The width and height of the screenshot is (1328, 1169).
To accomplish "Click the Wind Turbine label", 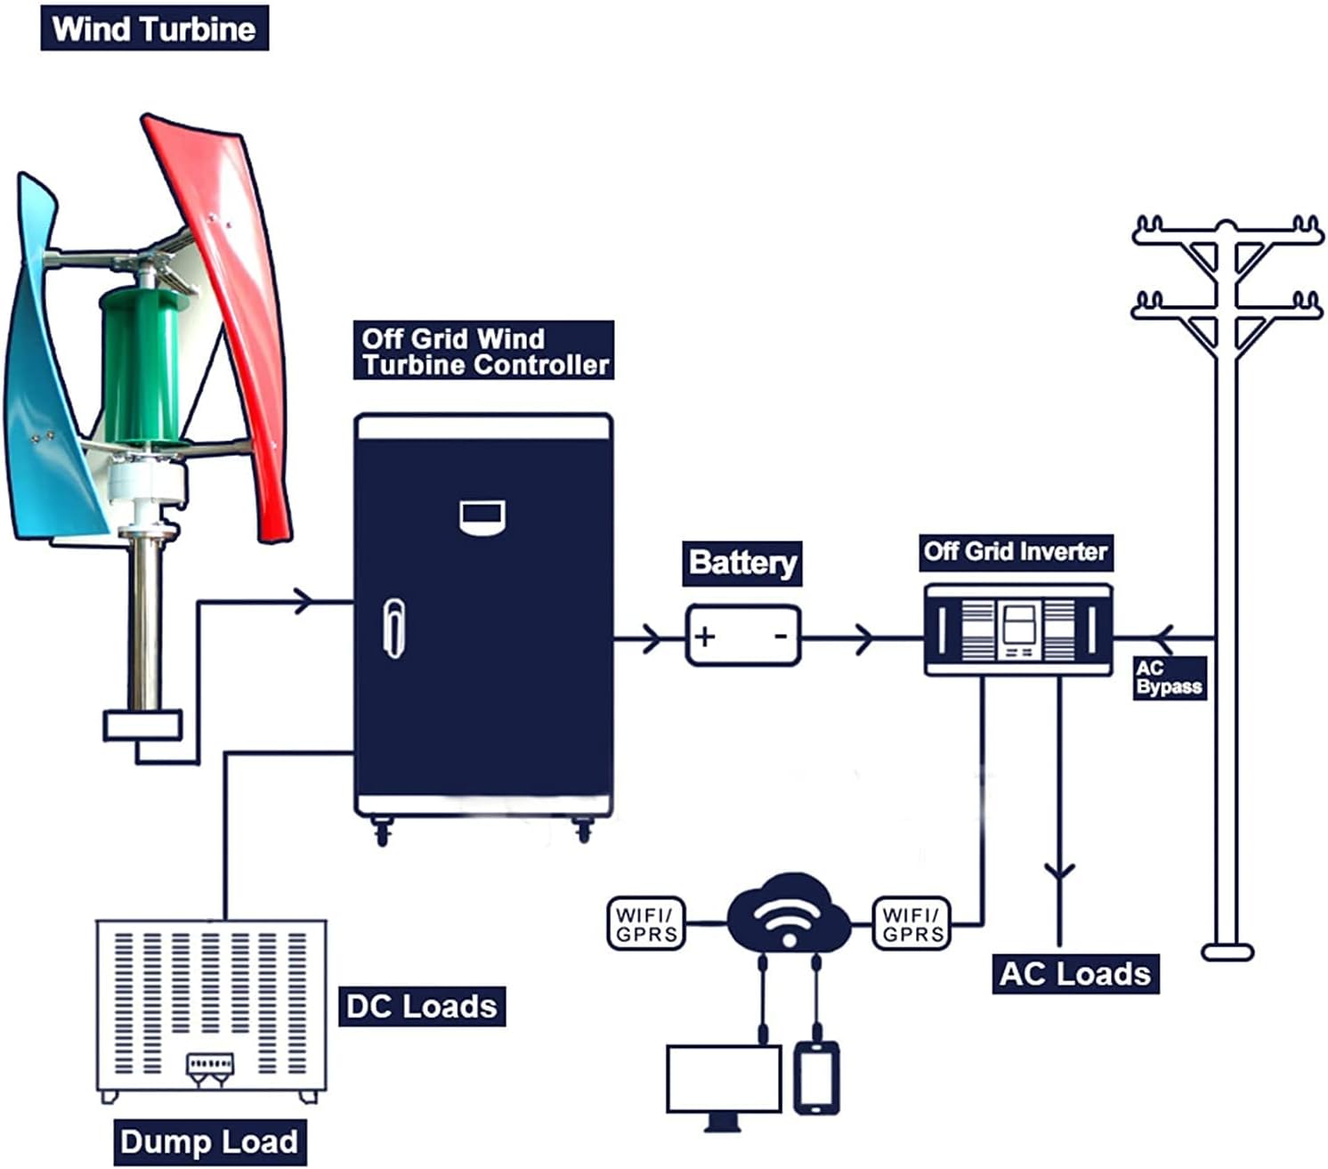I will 154,28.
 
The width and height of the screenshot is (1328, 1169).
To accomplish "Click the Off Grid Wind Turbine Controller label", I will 483,351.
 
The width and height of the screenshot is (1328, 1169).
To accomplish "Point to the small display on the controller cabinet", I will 482,516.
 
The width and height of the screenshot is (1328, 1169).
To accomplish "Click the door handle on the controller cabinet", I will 393,628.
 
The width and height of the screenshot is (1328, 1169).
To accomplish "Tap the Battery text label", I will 742,563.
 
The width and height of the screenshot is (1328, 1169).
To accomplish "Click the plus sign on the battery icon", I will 705,637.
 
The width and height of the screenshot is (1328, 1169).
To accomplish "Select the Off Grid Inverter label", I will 1016,552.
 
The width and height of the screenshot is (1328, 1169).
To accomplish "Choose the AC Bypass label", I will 1169,678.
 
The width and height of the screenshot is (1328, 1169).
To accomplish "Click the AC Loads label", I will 1075,973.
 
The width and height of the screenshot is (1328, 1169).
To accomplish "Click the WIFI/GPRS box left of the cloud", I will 646,924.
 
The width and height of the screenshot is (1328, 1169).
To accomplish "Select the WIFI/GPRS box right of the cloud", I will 912,924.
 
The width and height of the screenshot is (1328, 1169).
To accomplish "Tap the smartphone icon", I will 816,1077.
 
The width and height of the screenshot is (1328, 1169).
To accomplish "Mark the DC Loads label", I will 422,1006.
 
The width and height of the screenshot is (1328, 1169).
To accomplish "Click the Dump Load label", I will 209,1142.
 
